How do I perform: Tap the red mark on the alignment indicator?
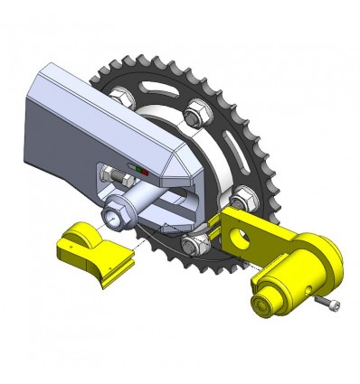pyautogui.click(x=141, y=168)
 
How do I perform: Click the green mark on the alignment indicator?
pyautogui.click(x=134, y=167)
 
